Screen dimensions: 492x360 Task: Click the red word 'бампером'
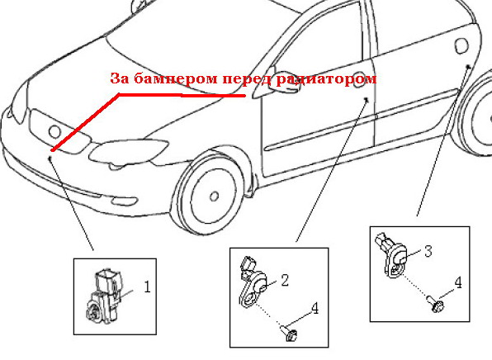tap(175, 78)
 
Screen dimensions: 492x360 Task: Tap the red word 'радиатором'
tap(326, 79)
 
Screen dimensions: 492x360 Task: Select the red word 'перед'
tap(246, 79)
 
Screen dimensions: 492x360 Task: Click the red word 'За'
tap(120, 78)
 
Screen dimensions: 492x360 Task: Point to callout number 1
tap(148, 287)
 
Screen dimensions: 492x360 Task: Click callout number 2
tap(285, 280)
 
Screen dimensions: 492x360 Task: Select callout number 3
tap(428, 251)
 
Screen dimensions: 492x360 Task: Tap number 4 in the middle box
tap(315, 309)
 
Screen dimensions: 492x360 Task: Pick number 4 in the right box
tap(458, 282)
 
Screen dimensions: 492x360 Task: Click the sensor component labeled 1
tap(103, 296)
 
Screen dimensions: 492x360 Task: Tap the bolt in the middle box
tap(289, 334)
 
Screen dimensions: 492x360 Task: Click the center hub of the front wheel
tap(215, 197)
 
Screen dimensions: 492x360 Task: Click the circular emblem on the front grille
tap(55, 131)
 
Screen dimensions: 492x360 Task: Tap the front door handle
tap(358, 79)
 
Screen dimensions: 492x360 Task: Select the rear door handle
tap(461, 45)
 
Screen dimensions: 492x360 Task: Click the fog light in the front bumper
tap(125, 201)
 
